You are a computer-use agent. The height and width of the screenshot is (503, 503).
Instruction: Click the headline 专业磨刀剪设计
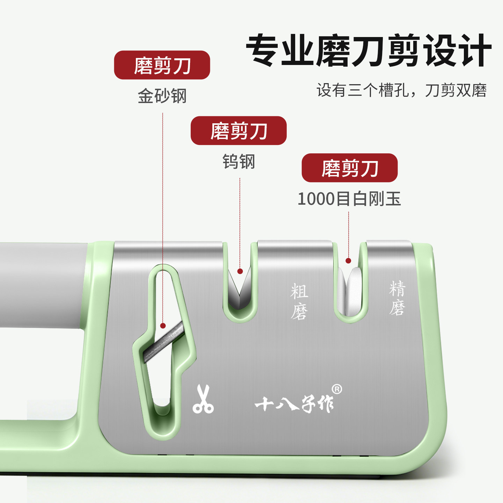pos(369,50)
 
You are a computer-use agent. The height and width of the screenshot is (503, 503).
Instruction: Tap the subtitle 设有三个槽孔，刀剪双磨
pos(401,90)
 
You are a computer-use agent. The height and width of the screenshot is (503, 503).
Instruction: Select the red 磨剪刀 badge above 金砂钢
pos(162,65)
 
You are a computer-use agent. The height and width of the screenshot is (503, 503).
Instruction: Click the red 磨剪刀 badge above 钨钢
pos(239,131)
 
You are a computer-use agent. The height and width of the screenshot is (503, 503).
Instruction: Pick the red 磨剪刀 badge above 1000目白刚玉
pos(350,168)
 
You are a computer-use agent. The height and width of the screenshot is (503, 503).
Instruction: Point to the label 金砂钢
pos(162,96)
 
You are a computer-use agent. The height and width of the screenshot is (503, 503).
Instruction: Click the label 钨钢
pos(239,162)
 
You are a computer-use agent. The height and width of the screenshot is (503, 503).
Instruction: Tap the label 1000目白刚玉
pos(349,199)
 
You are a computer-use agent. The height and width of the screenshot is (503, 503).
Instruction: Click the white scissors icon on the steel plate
pos(203,399)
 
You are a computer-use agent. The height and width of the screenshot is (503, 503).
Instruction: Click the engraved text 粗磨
pos(299,301)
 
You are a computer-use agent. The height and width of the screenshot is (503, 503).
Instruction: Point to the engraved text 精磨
pos(397,298)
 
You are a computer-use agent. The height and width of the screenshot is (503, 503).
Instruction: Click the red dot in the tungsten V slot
pos(240,271)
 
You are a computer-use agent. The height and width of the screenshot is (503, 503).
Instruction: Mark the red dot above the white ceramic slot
pos(348,261)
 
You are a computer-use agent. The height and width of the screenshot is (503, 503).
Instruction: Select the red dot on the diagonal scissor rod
pos(163,326)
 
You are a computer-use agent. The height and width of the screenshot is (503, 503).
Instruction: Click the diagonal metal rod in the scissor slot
pos(164,342)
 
